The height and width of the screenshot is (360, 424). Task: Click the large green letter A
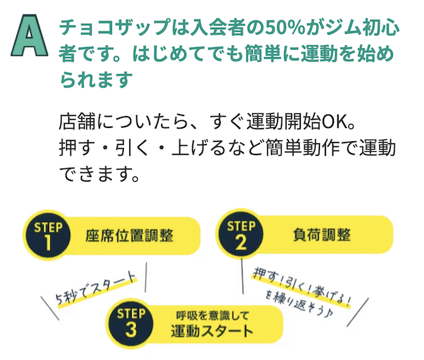tap(29, 35)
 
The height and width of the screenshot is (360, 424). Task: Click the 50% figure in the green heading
tap(286, 28)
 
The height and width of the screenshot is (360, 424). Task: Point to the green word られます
tap(96, 80)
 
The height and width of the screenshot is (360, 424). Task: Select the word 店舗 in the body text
tap(77, 122)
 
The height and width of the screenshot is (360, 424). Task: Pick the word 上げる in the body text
tap(198, 148)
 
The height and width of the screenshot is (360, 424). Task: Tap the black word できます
tap(96, 174)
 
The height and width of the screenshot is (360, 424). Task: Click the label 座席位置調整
tap(130, 235)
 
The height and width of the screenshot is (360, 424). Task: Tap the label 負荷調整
tap(322, 235)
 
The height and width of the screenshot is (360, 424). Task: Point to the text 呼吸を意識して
tap(212, 316)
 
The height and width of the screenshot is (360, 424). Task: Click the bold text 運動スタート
tap(212, 330)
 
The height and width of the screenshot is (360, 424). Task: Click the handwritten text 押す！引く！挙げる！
tap(302, 287)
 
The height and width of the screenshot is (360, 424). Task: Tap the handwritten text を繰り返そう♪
tap(299, 303)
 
